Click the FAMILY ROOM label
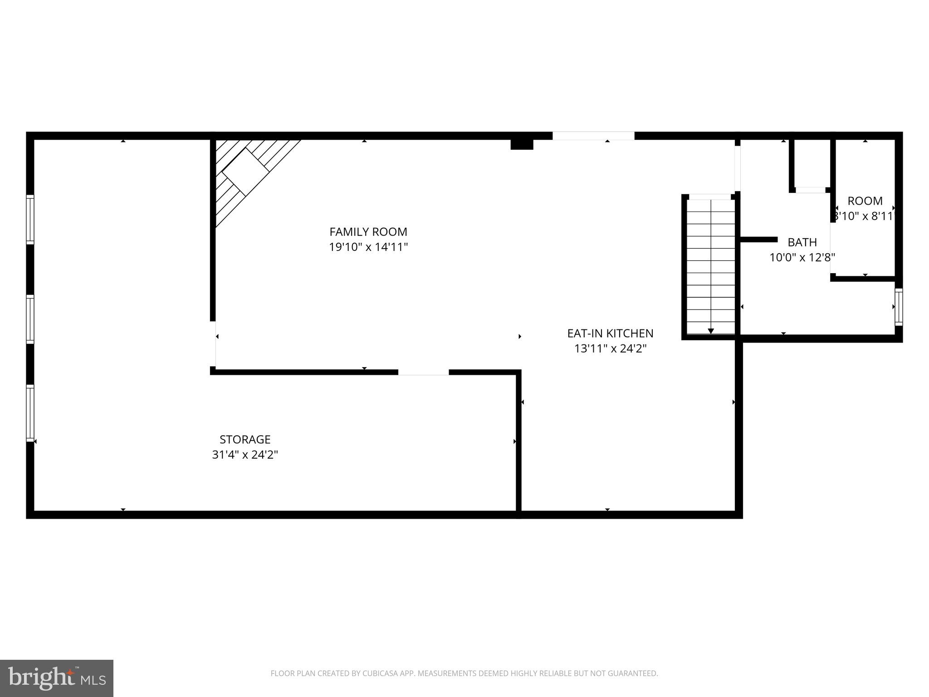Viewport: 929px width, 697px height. pyautogui.click(x=368, y=232)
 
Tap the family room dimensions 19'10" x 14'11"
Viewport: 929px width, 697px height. pyautogui.click(x=368, y=247)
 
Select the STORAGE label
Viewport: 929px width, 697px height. pyautogui.click(x=245, y=439)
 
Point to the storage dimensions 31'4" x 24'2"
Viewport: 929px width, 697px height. pyautogui.click(x=245, y=455)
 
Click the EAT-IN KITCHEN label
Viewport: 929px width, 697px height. pyautogui.click(x=610, y=334)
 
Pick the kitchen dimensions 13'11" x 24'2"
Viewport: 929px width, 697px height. pyautogui.click(x=610, y=349)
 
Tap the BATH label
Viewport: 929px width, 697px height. pyautogui.click(x=802, y=242)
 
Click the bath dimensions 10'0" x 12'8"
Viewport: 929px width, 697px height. pyautogui.click(x=802, y=258)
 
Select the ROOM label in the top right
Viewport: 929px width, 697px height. pyautogui.click(x=865, y=201)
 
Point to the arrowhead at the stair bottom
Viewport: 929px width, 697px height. pyautogui.click(x=711, y=331)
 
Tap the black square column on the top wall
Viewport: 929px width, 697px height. pyautogui.click(x=522, y=144)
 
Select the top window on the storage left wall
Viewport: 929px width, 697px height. pyautogui.click(x=30, y=219)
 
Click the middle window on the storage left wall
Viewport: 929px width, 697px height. pyautogui.click(x=30, y=319)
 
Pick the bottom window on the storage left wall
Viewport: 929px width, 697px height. pyautogui.click(x=30, y=413)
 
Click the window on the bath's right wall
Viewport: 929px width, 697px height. pyautogui.click(x=898, y=307)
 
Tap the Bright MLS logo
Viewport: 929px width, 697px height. pyautogui.click(x=56, y=678)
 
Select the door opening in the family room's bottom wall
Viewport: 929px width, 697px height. pyautogui.click(x=423, y=372)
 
